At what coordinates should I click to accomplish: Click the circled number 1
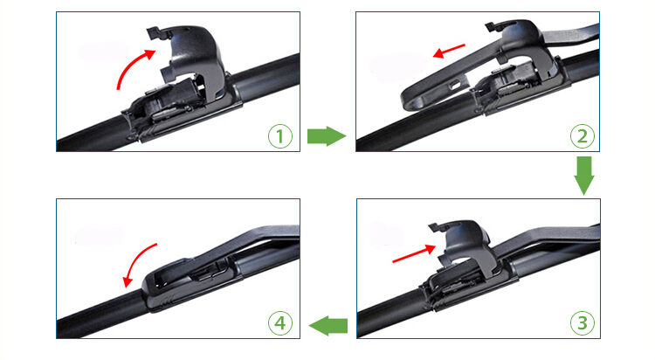coord(279,136)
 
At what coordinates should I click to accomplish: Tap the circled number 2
coord(583,136)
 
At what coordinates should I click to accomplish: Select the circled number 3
coord(583,322)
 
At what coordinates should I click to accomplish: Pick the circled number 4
coord(279,322)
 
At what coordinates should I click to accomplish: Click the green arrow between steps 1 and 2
coord(327,136)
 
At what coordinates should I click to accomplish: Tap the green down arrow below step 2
coord(584,176)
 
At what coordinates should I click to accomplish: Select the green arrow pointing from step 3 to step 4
coord(327,325)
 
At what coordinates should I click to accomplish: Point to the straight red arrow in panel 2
coord(449,51)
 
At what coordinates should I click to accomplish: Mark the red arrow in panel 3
coord(414,253)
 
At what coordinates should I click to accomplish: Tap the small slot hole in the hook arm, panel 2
coord(454,86)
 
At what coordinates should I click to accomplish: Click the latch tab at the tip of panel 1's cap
coord(154,32)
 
